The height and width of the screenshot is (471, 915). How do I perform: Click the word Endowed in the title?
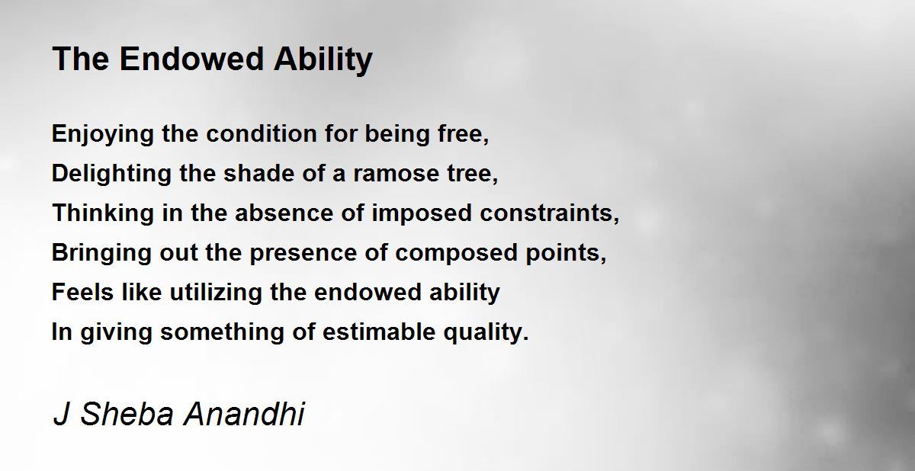tap(191, 59)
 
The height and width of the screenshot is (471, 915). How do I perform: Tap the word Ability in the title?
tap(323, 60)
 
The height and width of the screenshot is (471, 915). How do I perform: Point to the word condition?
tap(262, 133)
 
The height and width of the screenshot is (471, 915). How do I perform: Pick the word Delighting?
tap(111, 174)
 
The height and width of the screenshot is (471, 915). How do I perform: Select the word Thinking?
tap(102, 213)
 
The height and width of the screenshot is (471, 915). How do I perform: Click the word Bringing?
tap(101, 253)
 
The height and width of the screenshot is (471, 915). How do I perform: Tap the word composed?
tap(456, 253)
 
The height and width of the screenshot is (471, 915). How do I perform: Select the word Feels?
tap(82, 292)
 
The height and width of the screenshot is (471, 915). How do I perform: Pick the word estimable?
tap(379, 332)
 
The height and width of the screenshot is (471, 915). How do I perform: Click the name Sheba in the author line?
tap(127, 414)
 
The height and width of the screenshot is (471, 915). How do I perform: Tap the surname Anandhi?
tap(244, 414)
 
